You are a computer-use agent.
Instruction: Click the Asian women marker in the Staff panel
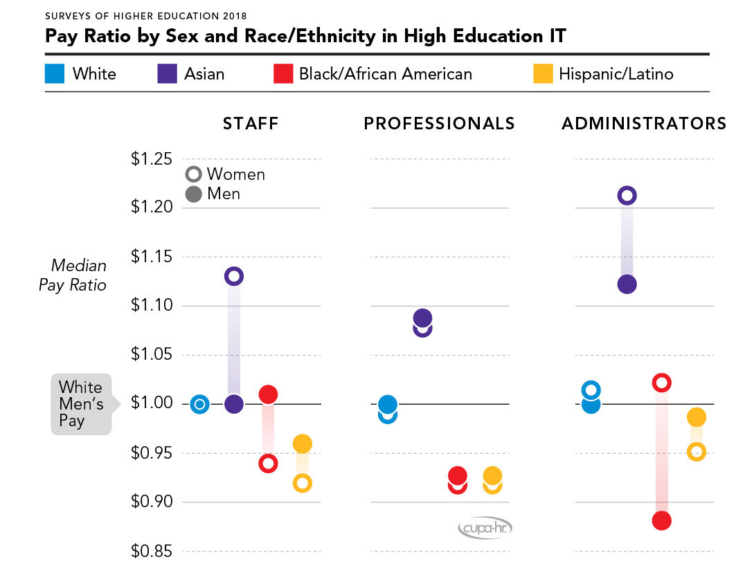coord(234,276)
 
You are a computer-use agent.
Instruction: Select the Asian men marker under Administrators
coord(627,284)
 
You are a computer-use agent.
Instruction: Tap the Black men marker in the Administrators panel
coord(661,520)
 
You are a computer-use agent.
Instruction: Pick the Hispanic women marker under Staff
coord(302,483)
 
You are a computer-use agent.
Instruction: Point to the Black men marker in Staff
coord(268,394)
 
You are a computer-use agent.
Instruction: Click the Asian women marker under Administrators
coord(627,196)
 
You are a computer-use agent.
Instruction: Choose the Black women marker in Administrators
coord(661,383)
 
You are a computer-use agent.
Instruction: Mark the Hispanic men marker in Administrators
coord(697,417)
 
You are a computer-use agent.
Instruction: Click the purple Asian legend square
coord(167,73)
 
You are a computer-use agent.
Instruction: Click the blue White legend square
coord(55,73)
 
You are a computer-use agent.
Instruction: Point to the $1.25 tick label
coord(152,159)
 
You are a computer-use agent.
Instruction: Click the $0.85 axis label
coord(152,551)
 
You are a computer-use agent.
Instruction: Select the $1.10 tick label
coord(152,306)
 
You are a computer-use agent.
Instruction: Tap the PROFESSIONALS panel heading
coord(440,124)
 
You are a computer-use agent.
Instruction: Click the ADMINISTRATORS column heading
coord(644,124)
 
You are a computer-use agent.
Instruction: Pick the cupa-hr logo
coord(485,529)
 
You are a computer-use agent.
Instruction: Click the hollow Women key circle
coord(194,174)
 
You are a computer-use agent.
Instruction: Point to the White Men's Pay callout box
coord(81,404)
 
